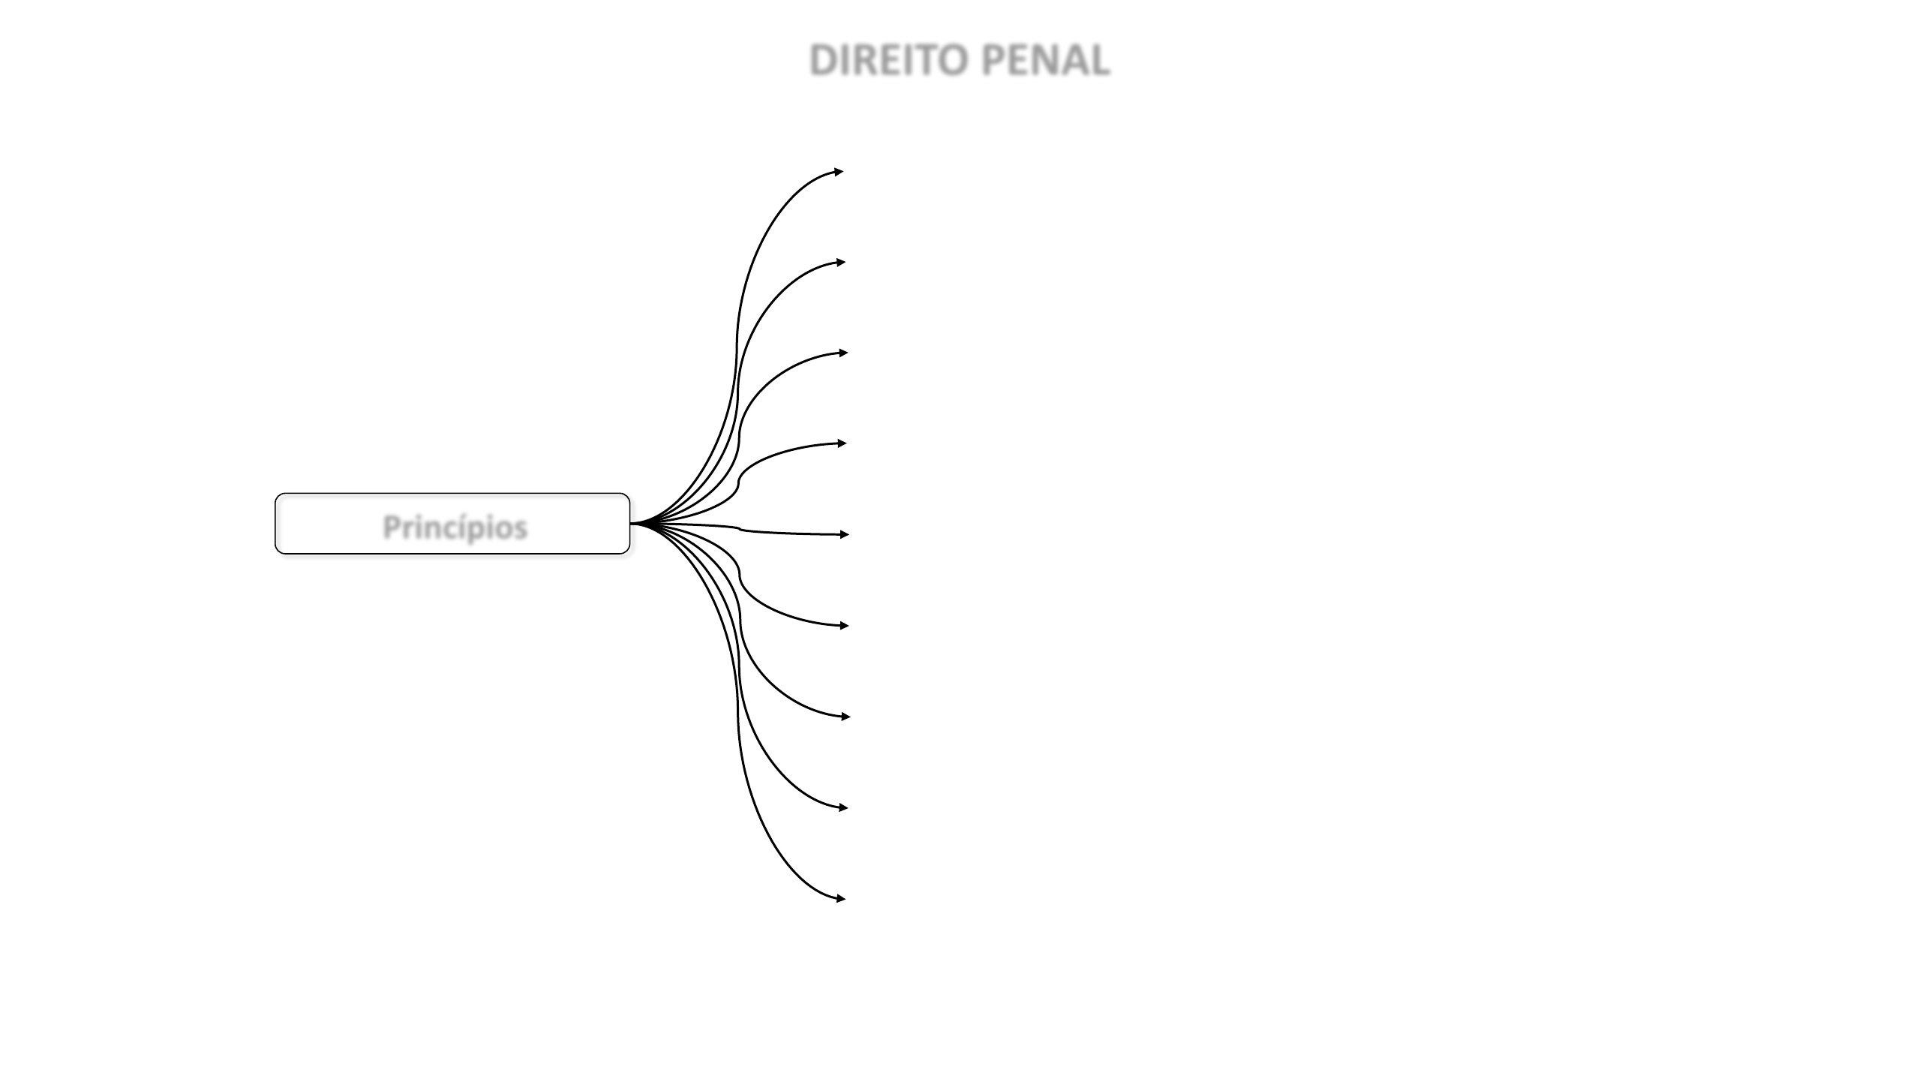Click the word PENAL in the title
(1045, 61)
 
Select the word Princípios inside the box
(455, 527)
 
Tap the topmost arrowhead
(839, 172)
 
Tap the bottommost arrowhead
(841, 898)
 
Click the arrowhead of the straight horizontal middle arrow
(845, 534)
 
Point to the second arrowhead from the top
(841, 263)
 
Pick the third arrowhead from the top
(843, 353)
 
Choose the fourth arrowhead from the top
(842, 443)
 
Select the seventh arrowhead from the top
(845, 717)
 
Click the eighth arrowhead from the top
(843, 807)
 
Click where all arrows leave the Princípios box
(632, 523)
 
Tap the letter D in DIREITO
(825, 61)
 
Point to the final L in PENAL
(1099, 61)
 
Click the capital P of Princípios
(392, 527)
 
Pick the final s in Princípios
(520, 529)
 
